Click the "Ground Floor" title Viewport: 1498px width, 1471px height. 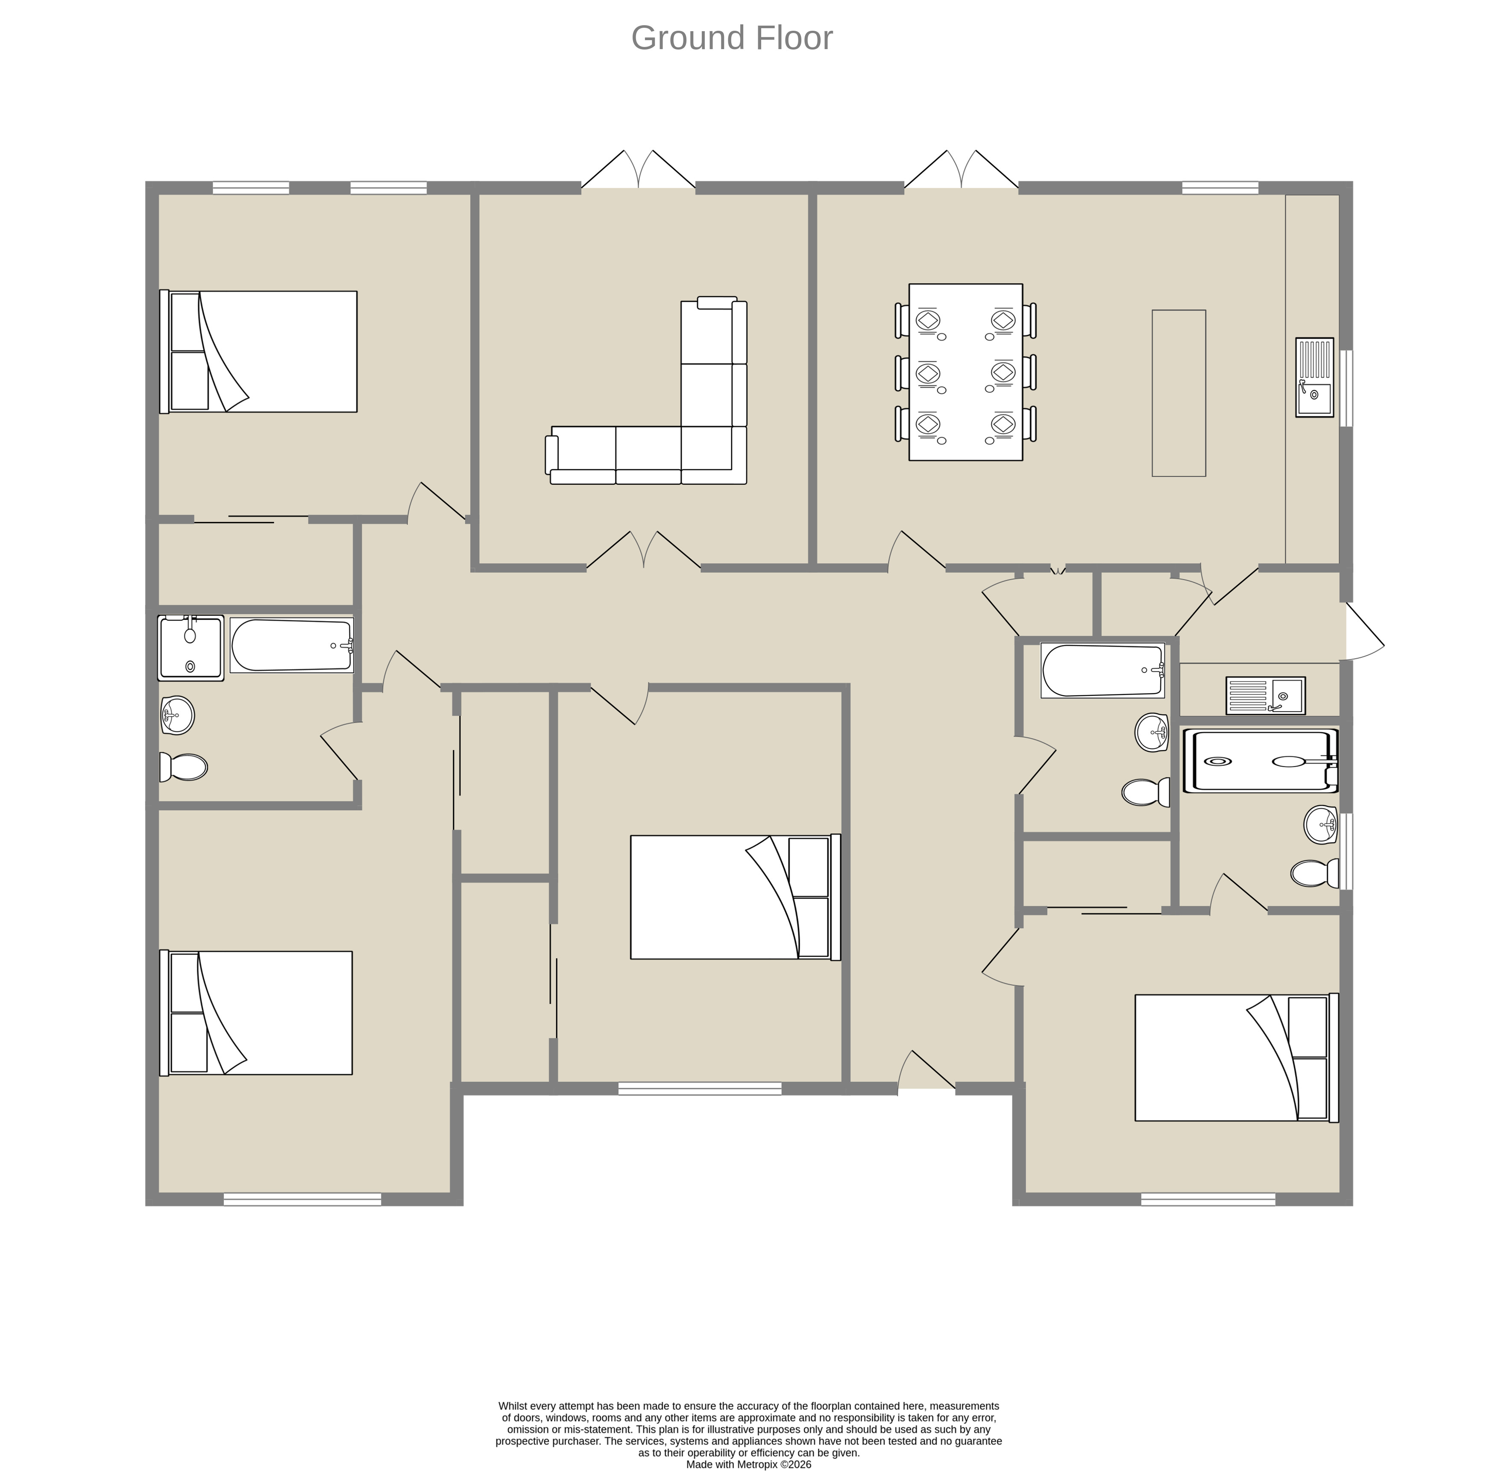tap(732, 38)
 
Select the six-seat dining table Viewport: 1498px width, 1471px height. tap(966, 372)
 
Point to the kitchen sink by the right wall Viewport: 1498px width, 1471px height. tap(1315, 378)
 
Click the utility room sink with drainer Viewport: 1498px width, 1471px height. tap(1266, 695)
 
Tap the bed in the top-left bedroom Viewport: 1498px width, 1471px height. tap(258, 352)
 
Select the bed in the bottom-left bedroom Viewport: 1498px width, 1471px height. tap(256, 1012)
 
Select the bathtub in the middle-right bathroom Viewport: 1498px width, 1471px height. tap(1102, 671)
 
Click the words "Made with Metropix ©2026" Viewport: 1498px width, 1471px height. tap(749, 1464)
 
